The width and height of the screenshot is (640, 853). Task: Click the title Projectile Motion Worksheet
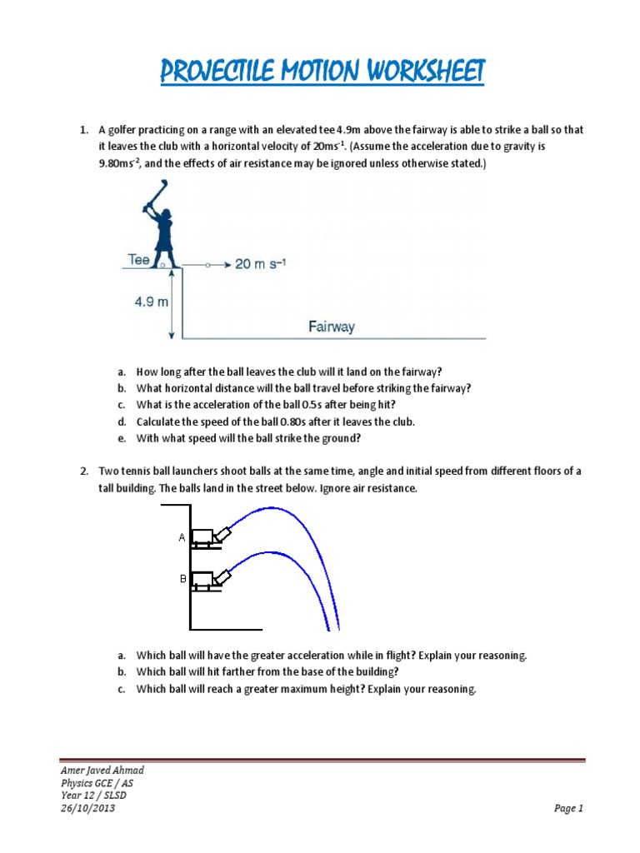pos(322,73)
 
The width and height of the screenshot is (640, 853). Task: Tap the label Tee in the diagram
pos(138,259)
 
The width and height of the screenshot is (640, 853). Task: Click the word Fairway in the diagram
pos(331,327)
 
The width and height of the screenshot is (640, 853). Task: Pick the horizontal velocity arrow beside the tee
pos(209,265)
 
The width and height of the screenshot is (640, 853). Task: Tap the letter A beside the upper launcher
pos(182,538)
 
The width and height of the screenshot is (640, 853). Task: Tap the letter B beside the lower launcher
pos(182,576)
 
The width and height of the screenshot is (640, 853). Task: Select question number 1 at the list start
pos(83,131)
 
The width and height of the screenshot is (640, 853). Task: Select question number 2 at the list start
pos(83,471)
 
